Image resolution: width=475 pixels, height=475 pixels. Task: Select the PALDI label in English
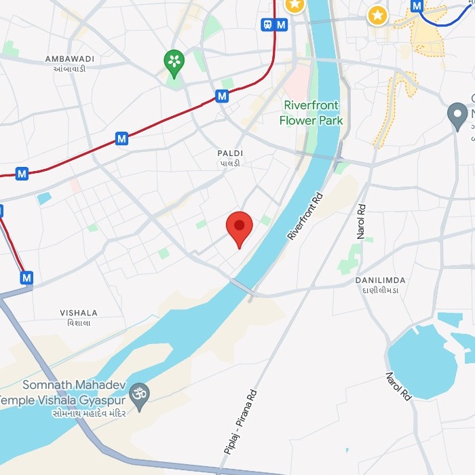(x=230, y=153)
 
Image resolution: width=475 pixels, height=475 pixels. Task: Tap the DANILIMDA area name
(x=380, y=280)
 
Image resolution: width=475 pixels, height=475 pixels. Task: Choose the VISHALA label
(x=79, y=313)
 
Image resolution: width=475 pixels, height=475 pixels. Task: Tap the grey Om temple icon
(x=140, y=394)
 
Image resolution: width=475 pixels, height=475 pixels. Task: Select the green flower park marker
(x=174, y=62)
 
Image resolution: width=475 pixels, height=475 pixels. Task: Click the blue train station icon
(x=268, y=24)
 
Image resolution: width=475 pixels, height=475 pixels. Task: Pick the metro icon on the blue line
(x=417, y=6)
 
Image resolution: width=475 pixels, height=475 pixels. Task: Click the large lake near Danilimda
(x=421, y=363)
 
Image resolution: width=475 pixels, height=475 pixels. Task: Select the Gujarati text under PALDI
(x=229, y=164)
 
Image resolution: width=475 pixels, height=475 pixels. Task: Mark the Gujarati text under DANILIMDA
(x=380, y=290)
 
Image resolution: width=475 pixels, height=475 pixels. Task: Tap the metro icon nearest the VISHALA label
(x=26, y=278)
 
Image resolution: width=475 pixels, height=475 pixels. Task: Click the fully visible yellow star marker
(x=377, y=14)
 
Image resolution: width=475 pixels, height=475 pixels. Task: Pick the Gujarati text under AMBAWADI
(x=66, y=69)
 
